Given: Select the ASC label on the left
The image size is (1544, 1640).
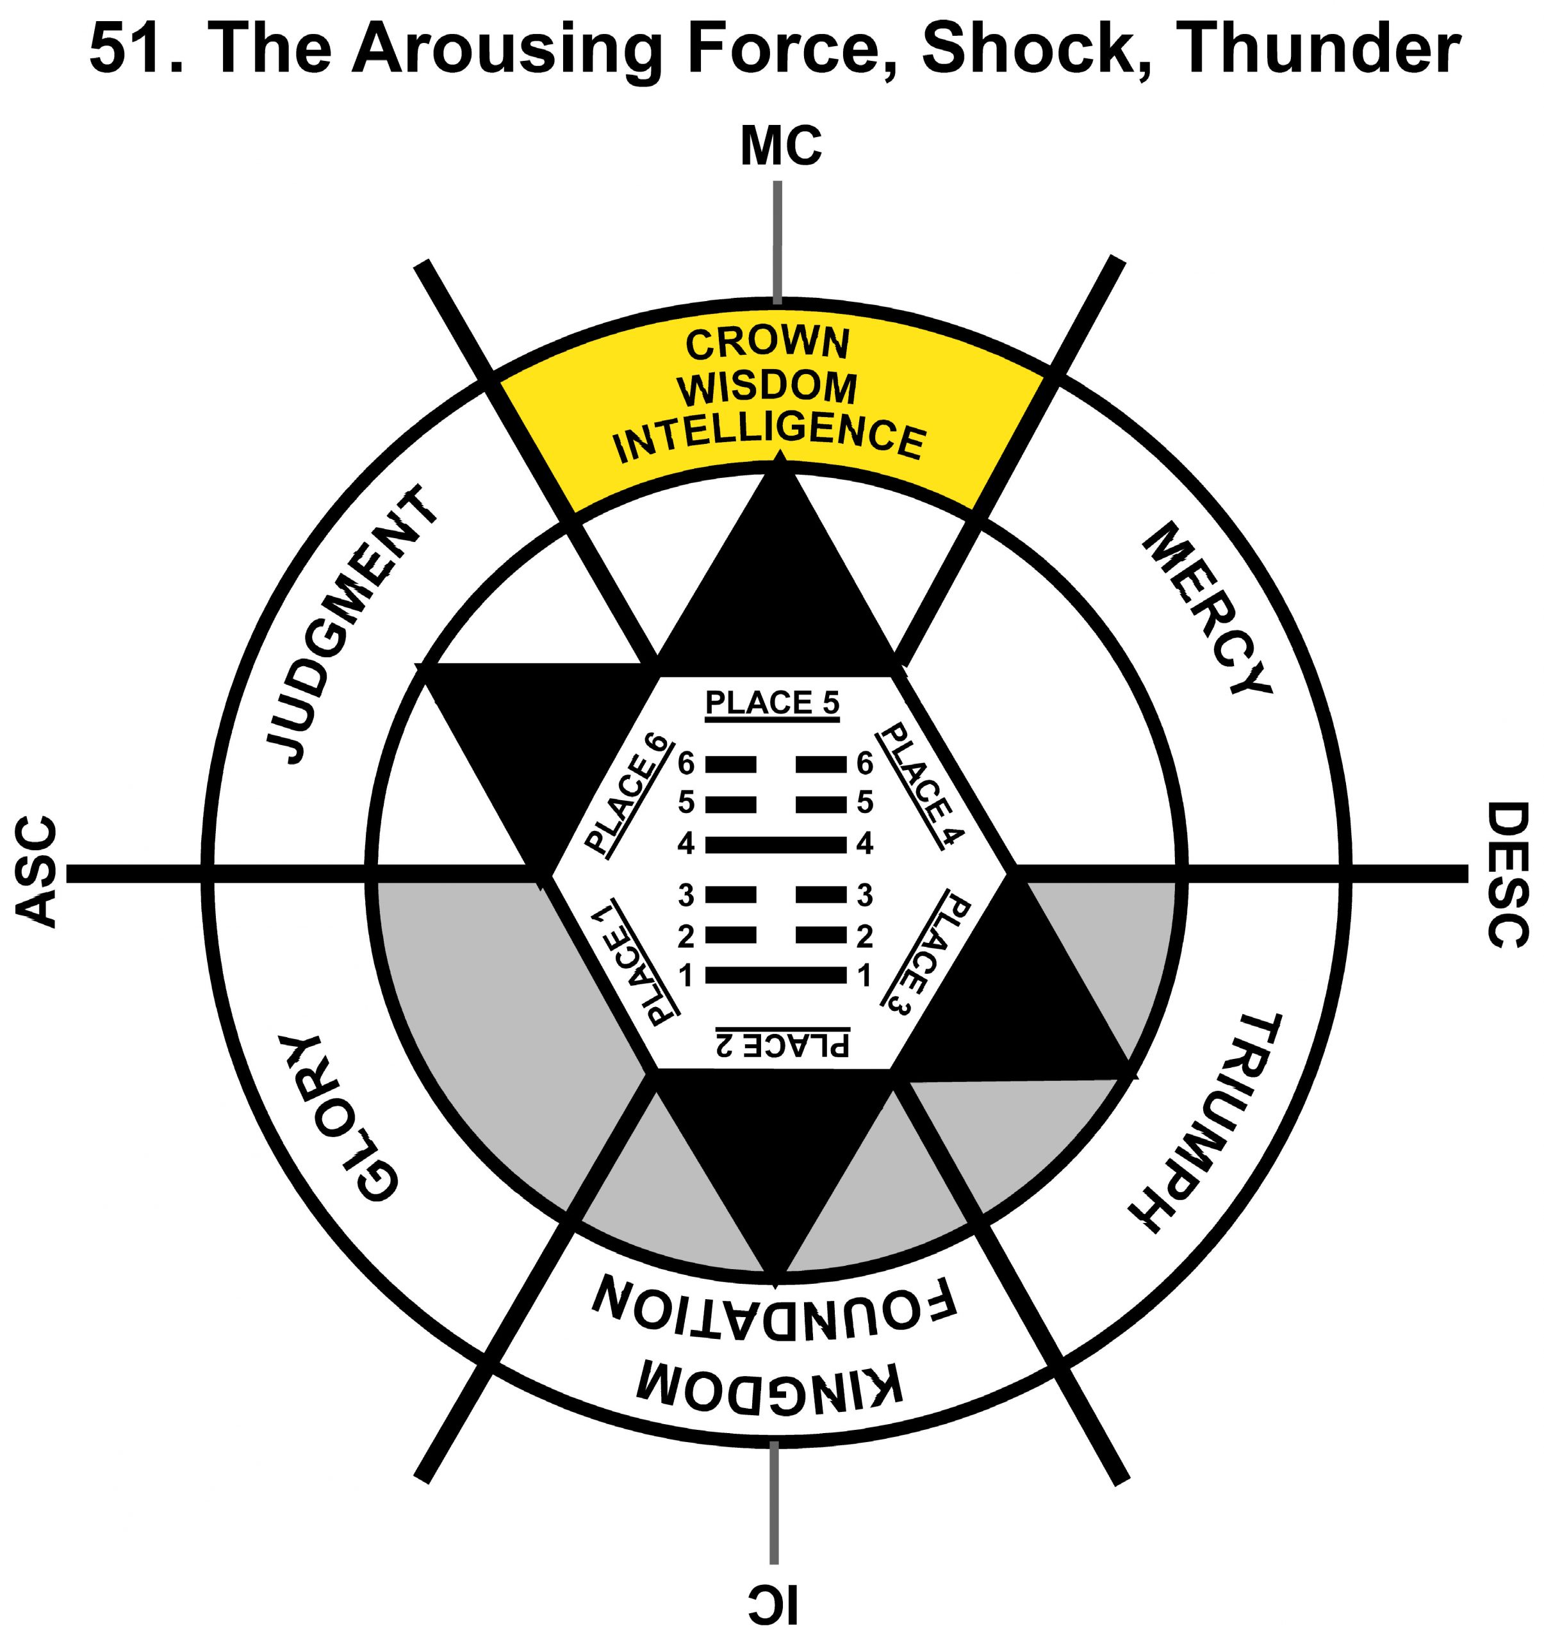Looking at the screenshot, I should coord(37,872).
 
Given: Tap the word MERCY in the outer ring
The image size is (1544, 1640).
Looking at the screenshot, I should coord(1204,610).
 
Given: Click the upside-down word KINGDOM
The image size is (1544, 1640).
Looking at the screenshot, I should coord(771,1384).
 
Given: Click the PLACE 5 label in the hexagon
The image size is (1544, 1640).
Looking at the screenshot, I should coord(773,703).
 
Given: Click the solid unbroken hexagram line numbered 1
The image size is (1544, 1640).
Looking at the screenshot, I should coord(776,976).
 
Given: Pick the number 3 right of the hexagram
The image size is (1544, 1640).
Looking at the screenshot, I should coord(864,894).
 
